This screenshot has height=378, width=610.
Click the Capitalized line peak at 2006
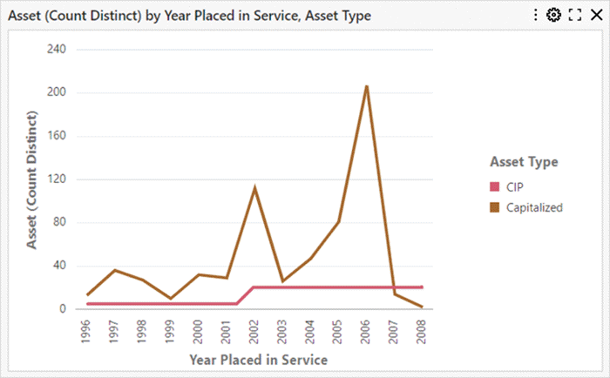(366, 86)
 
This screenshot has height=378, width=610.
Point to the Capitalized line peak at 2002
(254, 187)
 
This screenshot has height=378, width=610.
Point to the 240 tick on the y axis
(57, 49)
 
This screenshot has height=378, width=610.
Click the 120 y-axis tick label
(57, 179)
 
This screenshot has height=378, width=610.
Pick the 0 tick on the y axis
(63, 309)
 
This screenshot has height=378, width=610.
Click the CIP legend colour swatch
(495, 186)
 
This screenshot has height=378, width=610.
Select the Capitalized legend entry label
(534, 207)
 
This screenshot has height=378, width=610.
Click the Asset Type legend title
(524, 162)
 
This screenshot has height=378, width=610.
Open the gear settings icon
(553, 15)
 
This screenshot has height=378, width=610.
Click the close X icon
(596, 15)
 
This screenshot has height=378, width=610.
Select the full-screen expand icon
(575, 15)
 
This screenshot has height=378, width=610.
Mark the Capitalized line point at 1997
(114, 270)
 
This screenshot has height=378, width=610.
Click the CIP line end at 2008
(422, 287)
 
